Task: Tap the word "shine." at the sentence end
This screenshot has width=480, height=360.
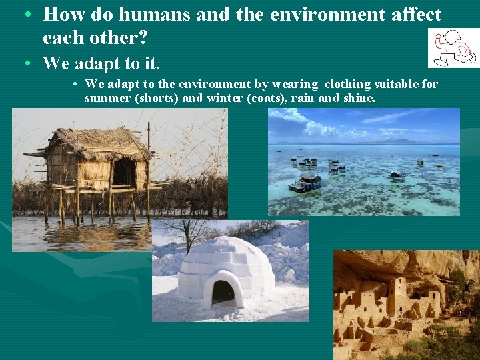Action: coord(359,98)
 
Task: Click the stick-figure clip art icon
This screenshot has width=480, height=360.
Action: coord(453,47)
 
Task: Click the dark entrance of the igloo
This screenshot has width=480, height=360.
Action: coord(223,291)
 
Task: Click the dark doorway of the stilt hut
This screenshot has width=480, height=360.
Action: coord(124,173)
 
